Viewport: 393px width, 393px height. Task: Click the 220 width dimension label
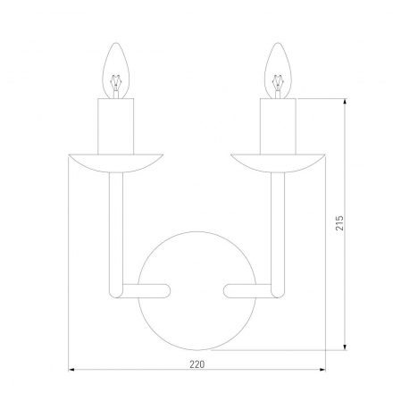pos(196,364)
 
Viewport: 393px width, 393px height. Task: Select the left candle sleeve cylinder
pos(114,124)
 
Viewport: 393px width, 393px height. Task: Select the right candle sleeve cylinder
pos(280,124)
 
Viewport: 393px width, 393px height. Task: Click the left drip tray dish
pos(114,161)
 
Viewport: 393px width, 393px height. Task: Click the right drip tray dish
pos(280,161)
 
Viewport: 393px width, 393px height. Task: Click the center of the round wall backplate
pos(196,289)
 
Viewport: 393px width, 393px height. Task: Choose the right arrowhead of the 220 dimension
pos(322,369)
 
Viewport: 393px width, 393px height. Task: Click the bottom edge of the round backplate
pos(196,349)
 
